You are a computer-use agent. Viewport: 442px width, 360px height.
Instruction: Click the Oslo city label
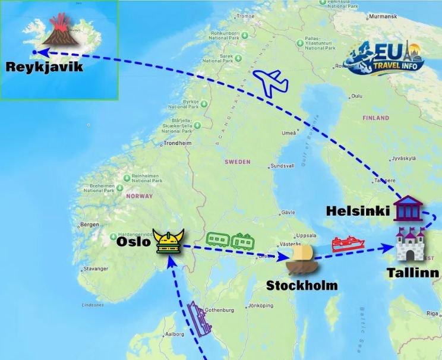click(x=134, y=242)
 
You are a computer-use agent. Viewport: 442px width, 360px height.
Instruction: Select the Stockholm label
click(x=301, y=286)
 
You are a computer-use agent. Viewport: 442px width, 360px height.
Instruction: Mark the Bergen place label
click(x=90, y=225)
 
